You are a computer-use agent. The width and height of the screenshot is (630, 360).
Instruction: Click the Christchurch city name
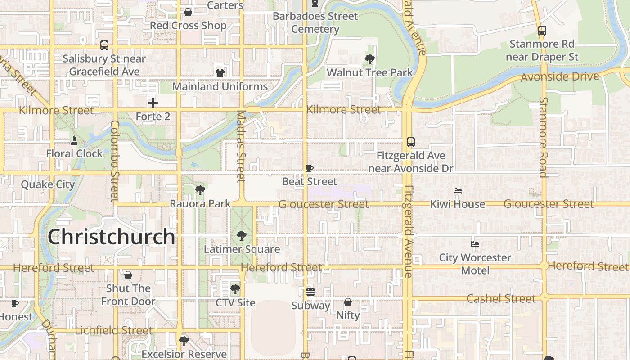(111, 237)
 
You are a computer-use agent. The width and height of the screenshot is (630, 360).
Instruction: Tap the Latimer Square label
(242, 249)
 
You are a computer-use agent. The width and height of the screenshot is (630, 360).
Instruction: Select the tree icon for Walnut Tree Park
(369, 59)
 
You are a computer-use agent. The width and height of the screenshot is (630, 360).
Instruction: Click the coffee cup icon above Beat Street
(309, 168)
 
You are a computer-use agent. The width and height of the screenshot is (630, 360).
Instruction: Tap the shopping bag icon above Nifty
(348, 302)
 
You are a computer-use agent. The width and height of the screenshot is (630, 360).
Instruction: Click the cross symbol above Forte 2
(153, 103)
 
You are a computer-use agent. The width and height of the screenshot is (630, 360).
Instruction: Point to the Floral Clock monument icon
(74, 140)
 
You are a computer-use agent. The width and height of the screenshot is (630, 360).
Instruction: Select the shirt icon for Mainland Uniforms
(220, 72)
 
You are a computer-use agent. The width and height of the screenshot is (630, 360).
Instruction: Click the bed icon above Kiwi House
(458, 191)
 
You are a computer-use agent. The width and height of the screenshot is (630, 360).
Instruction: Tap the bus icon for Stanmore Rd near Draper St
(542, 31)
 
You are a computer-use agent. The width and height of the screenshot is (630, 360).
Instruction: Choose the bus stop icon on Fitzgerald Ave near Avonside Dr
(410, 142)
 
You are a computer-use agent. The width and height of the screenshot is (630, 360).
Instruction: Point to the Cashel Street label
(501, 299)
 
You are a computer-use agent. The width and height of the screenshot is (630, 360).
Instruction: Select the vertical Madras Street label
(241, 146)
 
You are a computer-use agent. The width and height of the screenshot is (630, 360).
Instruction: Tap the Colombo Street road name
(114, 161)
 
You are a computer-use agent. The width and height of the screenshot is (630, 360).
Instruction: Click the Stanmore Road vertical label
(544, 137)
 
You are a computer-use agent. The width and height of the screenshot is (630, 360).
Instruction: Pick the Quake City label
(48, 184)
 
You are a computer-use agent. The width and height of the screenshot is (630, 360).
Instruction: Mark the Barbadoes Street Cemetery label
(315, 22)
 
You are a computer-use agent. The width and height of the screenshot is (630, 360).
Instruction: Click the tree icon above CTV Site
(235, 289)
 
